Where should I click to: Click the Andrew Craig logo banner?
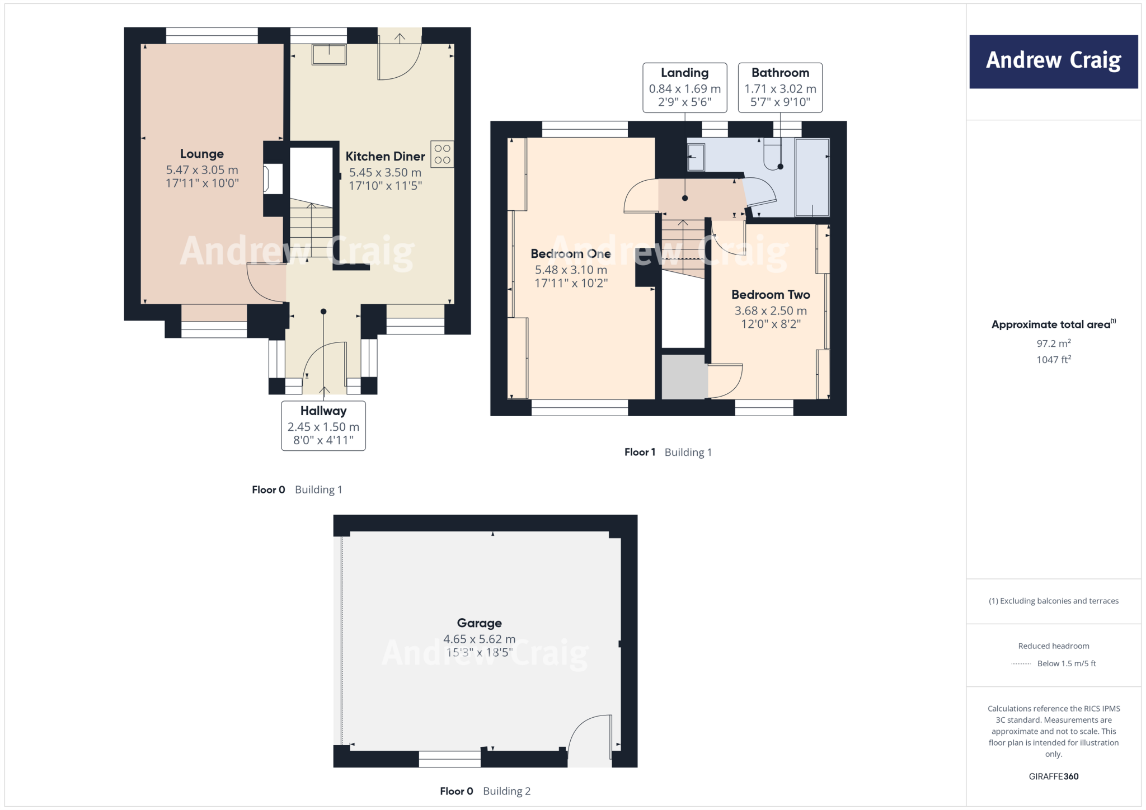point(1053,62)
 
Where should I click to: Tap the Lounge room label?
point(201,154)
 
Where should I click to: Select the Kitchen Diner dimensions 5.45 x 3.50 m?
point(385,172)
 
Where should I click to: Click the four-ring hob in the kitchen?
point(442,154)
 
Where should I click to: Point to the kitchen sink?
point(329,55)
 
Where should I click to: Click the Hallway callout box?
point(323,425)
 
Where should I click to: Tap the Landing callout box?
point(684,88)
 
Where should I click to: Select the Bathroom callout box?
point(780,88)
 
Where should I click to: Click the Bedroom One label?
point(570,254)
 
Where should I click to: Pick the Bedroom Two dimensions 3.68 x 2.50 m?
point(771,310)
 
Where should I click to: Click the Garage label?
point(479,623)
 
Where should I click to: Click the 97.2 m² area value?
point(1053,343)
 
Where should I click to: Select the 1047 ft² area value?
point(1053,360)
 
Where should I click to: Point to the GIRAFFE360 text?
point(1053,776)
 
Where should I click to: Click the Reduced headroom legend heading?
point(1053,646)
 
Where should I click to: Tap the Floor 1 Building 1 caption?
point(668,452)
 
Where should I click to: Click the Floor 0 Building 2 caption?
point(485,791)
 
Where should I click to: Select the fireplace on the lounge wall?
point(273,179)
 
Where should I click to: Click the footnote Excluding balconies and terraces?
point(1053,601)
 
